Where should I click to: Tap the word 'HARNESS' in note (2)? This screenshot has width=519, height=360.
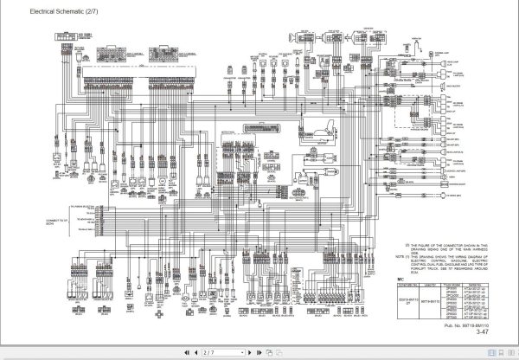[481, 248]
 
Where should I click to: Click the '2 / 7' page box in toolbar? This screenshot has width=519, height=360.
[210, 353]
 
